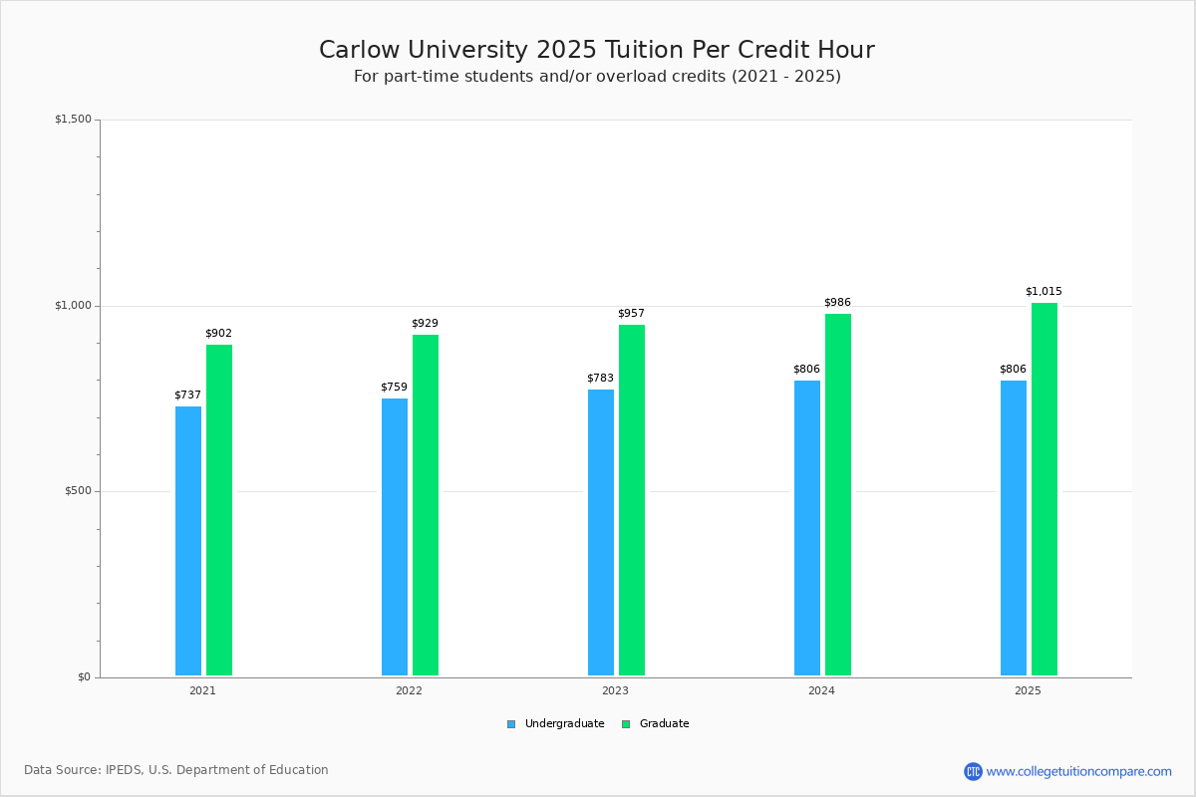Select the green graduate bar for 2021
click(219, 510)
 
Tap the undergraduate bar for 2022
click(395, 537)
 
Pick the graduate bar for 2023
click(632, 500)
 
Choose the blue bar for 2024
click(807, 528)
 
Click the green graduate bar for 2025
click(1045, 489)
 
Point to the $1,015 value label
click(1044, 292)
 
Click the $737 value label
click(187, 396)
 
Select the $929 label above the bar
click(425, 324)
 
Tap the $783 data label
click(600, 379)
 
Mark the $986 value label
click(837, 303)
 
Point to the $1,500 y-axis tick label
click(73, 120)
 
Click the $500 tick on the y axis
click(78, 491)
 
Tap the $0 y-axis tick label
click(84, 677)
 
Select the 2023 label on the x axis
click(615, 690)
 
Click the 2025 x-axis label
click(1028, 690)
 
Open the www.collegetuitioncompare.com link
click(1078, 771)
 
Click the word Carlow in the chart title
click(361, 51)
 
